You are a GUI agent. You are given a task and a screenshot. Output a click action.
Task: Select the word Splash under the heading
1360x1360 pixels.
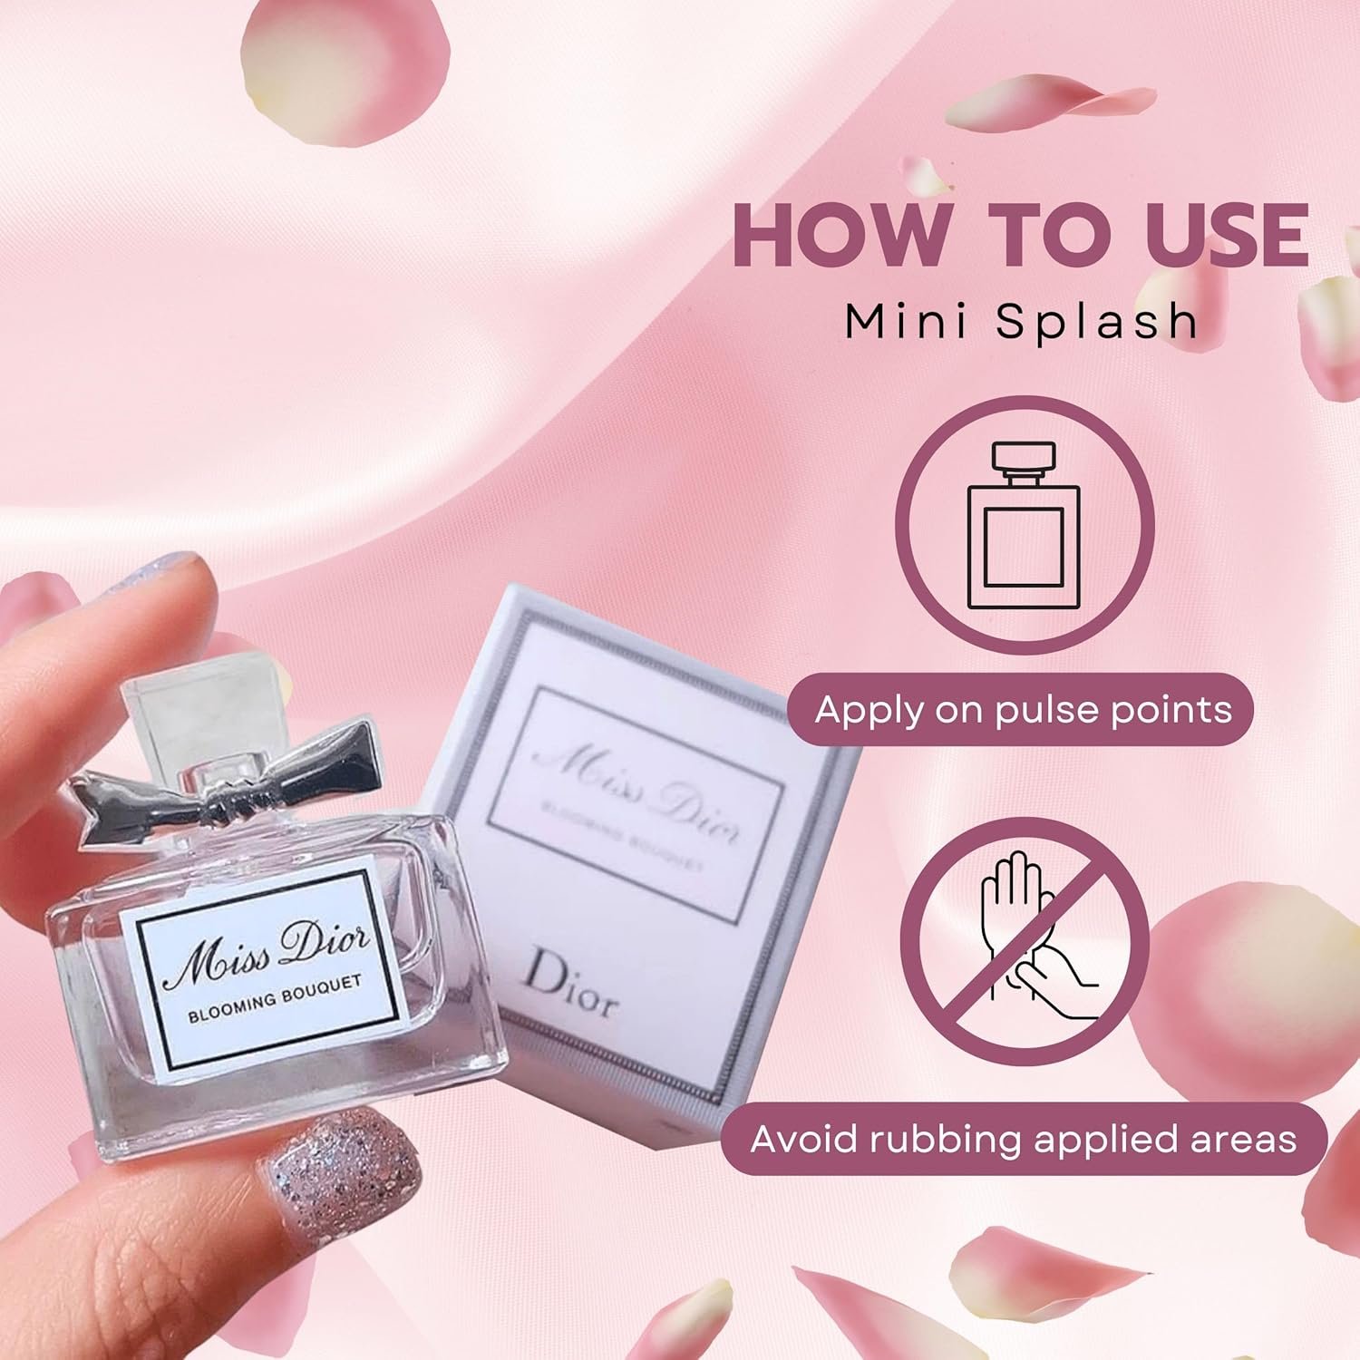[x=1097, y=321]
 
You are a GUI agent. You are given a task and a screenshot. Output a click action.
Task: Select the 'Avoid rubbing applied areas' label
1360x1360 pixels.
[x=1024, y=1138]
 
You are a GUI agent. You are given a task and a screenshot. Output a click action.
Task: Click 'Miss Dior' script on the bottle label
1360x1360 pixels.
[x=267, y=951]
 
